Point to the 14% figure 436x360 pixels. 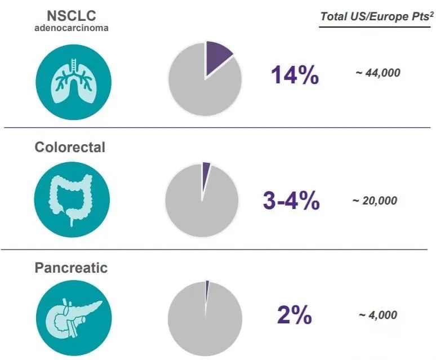(295, 75)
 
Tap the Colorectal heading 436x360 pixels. (70, 147)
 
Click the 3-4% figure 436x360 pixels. (291, 201)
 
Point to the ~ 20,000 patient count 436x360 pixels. (375, 201)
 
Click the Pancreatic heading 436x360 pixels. (71, 267)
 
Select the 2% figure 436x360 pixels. (294, 315)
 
